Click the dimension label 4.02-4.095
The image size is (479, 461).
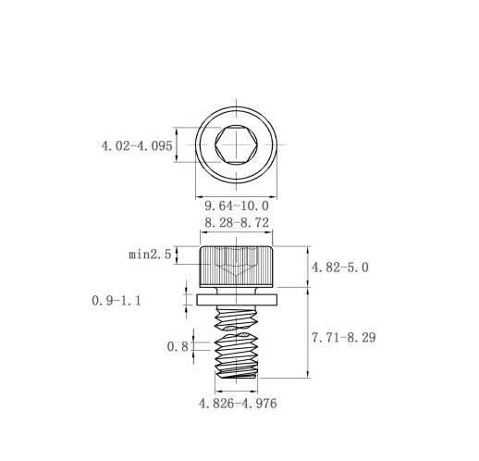tap(137, 146)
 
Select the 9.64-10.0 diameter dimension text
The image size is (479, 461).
tap(237, 206)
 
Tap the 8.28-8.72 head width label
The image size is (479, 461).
tap(237, 222)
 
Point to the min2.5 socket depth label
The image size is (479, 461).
tap(150, 255)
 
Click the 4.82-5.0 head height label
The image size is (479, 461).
tap(340, 268)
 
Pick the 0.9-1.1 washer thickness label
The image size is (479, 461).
tap(117, 301)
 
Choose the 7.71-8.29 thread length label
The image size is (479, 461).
tap(344, 338)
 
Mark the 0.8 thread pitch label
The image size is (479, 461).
tap(178, 347)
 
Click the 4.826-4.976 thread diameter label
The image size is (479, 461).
tap(238, 404)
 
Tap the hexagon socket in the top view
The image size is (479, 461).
tap(237, 144)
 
